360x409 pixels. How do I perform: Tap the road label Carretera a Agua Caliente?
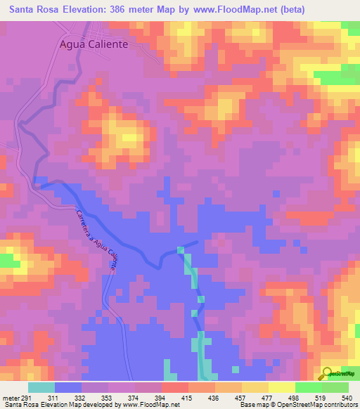pyautogui.click(x=95, y=240)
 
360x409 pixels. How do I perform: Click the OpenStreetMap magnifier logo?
pyautogui.click(x=326, y=374)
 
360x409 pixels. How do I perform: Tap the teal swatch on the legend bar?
pyautogui.click(x=41, y=387)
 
